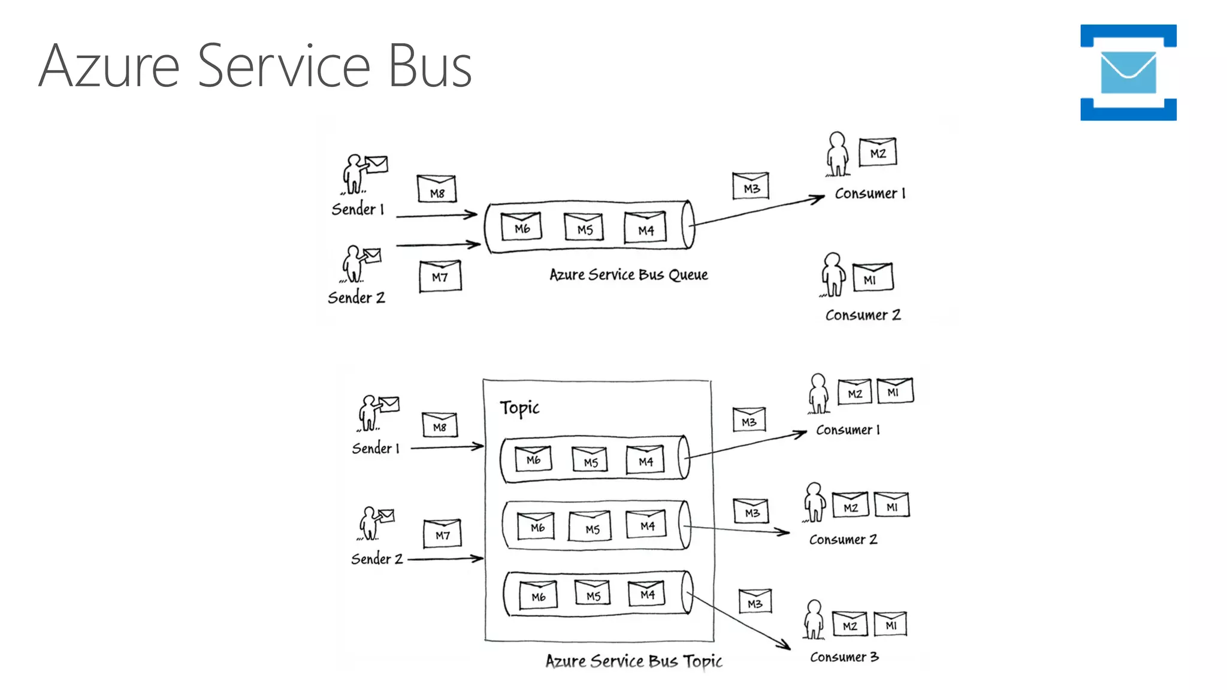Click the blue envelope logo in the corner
click(1128, 72)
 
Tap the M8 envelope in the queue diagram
click(437, 189)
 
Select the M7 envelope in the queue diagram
click(440, 276)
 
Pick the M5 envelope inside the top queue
click(584, 227)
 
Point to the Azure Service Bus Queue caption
click(628, 275)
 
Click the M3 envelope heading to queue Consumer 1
click(751, 186)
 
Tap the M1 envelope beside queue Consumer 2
click(872, 278)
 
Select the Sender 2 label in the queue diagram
click(356, 297)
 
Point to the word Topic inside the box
click(519, 408)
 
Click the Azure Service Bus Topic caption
click(633, 661)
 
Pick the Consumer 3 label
click(844, 657)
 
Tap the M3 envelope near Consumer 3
click(755, 601)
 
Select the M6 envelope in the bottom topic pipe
click(538, 595)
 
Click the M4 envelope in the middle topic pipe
click(646, 524)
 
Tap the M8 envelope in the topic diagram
click(440, 425)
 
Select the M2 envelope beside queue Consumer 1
click(878, 152)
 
